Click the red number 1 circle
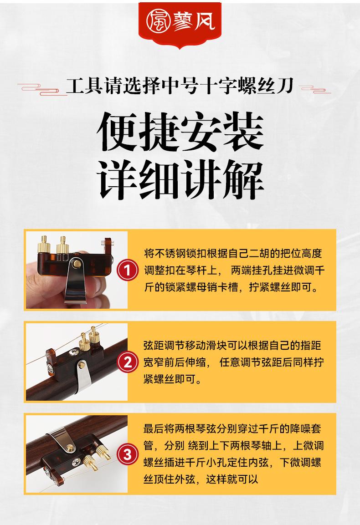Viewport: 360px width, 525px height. tap(128, 270)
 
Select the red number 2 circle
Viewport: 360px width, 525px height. tap(128, 362)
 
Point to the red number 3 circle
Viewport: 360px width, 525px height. tap(128, 454)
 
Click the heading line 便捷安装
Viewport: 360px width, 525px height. tap(180, 132)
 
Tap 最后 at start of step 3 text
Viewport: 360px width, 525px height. tap(154, 428)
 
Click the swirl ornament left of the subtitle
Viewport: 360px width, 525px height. tap(41, 89)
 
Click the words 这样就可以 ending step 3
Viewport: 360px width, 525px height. tap(232, 479)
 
